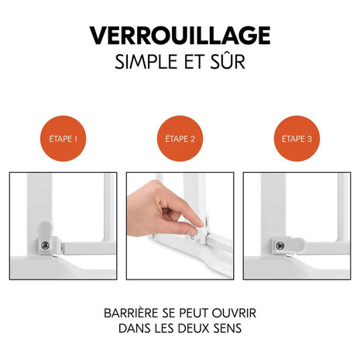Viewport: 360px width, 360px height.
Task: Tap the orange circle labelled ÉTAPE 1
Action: click(62, 139)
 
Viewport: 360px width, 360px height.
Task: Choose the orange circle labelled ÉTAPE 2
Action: click(180, 139)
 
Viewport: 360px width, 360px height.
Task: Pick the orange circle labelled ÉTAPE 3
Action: click(297, 139)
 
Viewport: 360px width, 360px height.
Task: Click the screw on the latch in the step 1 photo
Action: click(45, 245)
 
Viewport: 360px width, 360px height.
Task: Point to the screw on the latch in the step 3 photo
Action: click(276, 245)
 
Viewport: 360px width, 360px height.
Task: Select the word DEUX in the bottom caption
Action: click(204, 330)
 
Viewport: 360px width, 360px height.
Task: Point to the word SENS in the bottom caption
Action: click(239, 330)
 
